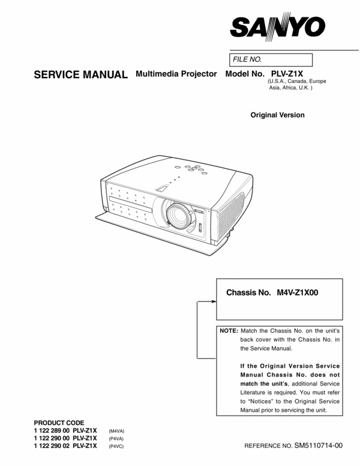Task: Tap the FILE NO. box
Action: point(272,59)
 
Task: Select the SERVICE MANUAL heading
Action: point(80,75)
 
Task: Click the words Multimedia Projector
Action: point(176,74)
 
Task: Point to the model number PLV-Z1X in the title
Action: point(287,74)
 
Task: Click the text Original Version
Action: point(277,115)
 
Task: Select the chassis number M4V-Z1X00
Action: point(298,293)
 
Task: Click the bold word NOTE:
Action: point(229,331)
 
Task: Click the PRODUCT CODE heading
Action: point(59,423)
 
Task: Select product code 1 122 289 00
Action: point(52,431)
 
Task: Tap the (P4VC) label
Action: point(117,447)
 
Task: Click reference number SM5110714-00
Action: point(319,446)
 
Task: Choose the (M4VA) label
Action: point(117,432)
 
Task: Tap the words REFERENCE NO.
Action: point(268,447)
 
